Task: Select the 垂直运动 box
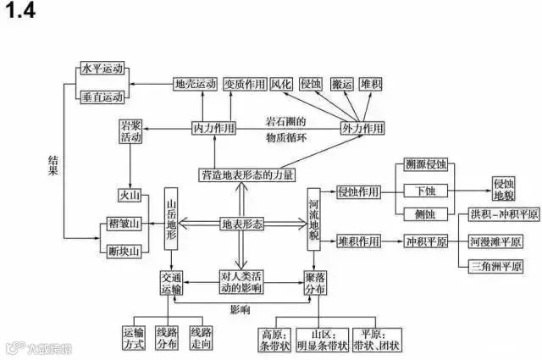(x=102, y=97)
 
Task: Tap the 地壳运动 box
(x=194, y=85)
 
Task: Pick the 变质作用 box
(x=244, y=85)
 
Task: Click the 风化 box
(x=281, y=85)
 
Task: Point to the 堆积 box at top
(x=370, y=85)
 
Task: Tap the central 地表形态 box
(x=241, y=224)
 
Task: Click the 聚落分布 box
(x=315, y=284)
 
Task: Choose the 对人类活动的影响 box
(x=241, y=283)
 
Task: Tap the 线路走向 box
(x=202, y=337)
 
